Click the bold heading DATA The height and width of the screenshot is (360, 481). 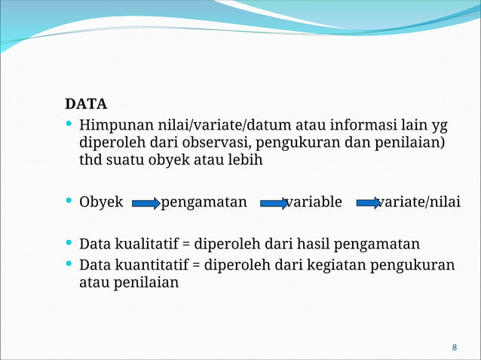86,103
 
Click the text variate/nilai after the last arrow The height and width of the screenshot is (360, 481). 422,202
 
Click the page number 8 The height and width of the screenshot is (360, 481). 455,347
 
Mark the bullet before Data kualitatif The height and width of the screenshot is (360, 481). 69,243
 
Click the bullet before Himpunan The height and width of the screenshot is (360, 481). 69,124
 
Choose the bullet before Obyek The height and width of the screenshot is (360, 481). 69,202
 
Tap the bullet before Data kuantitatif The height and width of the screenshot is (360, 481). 69,264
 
